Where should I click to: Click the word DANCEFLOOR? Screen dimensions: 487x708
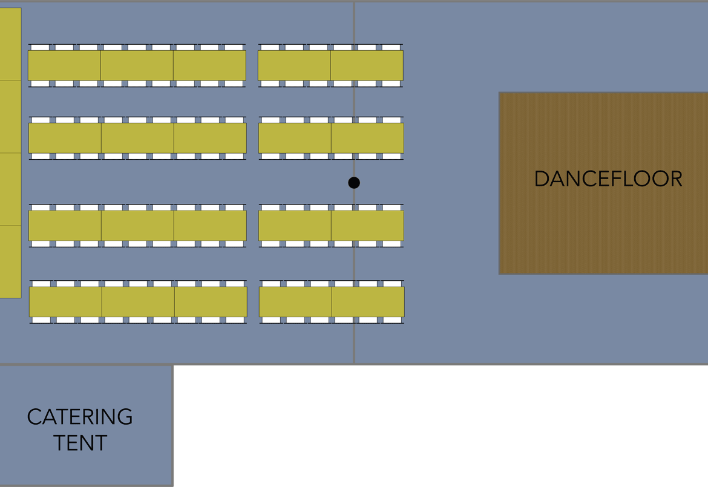tap(608, 179)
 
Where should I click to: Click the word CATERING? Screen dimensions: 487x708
tap(80, 417)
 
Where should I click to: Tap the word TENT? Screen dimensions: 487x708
tap(80, 443)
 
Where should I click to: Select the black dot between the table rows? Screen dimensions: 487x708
tap(354, 183)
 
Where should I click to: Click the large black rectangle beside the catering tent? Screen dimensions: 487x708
tap(441, 426)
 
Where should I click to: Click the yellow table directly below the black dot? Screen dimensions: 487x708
tap(367, 226)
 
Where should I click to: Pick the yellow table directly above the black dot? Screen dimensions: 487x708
tap(367, 138)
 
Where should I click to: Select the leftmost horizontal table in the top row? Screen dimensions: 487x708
tap(64, 65)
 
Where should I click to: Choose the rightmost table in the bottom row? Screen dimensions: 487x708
tap(368, 301)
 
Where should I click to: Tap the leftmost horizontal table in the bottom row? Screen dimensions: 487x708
tap(65, 301)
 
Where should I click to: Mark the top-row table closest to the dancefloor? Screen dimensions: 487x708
tap(367, 65)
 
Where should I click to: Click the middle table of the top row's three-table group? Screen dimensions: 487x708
tap(137, 65)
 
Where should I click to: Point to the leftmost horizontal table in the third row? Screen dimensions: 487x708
tap(65, 226)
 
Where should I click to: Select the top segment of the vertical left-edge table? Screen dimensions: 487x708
tap(10, 44)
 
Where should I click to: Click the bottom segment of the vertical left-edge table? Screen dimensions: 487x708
tap(10, 261)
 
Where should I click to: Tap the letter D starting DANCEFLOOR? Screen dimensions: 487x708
tap(541, 179)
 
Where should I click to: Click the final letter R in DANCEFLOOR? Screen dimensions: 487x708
tap(675, 179)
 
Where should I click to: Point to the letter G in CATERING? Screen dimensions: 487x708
tap(125, 417)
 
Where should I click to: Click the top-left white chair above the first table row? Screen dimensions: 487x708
tap(39, 47)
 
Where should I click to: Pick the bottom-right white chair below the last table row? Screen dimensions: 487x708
tap(392, 320)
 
